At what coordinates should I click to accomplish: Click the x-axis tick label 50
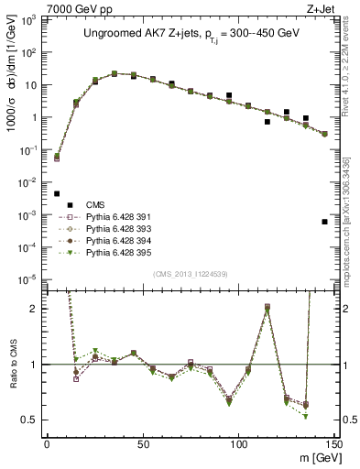tap(142, 443)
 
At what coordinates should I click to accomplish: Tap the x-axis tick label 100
tap(238, 443)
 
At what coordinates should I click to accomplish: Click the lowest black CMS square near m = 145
tap(325, 222)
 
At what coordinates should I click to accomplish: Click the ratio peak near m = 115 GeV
tap(267, 307)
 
